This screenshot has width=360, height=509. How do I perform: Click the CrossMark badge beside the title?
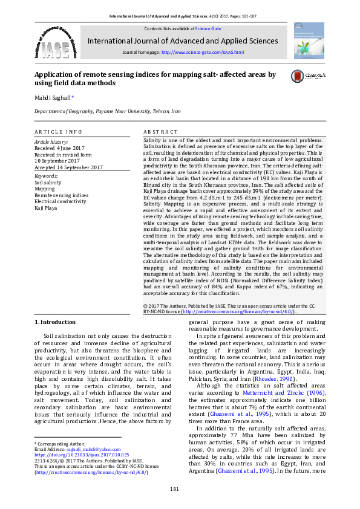309,76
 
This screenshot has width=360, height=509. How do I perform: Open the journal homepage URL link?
203,53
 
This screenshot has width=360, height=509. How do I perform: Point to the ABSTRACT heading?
160,132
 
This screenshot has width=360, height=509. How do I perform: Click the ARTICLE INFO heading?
58,132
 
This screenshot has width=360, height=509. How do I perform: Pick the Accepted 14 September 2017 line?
68,167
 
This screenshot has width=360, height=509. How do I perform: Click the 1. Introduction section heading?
55,322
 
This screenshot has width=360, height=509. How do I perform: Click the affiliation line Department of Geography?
107,112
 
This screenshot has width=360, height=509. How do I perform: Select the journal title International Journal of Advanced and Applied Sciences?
183,41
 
